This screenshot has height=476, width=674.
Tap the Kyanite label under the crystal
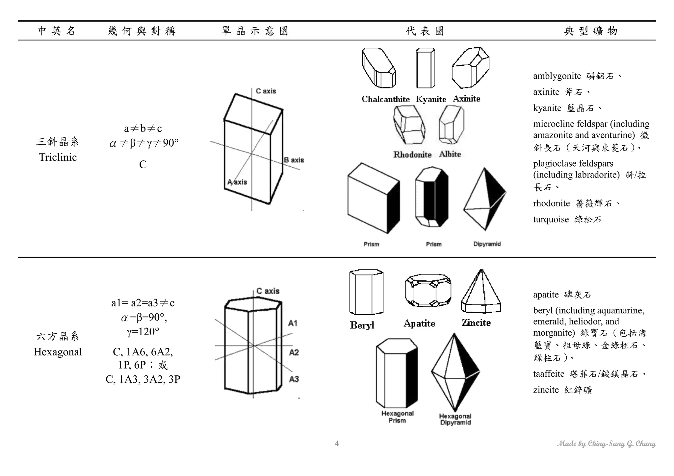(x=431, y=99)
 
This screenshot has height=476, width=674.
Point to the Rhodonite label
(x=412, y=155)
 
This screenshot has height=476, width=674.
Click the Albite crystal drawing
(x=451, y=125)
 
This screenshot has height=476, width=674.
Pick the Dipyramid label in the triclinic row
(x=487, y=244)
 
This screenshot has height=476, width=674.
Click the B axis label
(x=294, y=160)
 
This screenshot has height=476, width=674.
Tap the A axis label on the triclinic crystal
(x=237, y=182)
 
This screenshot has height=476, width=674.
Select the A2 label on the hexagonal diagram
(x=294, y=353)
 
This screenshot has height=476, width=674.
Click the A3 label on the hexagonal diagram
(x=294, y=379)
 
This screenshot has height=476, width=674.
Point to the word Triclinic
(x=58, y=157)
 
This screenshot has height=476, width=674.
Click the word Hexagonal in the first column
(x=58, y=352)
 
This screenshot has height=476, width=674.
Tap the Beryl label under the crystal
(x=362, y=325)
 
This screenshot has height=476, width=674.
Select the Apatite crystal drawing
(x=428, y=290)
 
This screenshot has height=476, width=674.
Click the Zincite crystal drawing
(x=481, y=292)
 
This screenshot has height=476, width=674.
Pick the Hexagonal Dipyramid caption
(x=455, y=419)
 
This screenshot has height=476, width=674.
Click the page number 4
(x=337, y=443)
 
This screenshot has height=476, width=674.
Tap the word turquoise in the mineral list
(x=551, y=219)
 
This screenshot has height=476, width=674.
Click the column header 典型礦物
(x=591, y=31)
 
